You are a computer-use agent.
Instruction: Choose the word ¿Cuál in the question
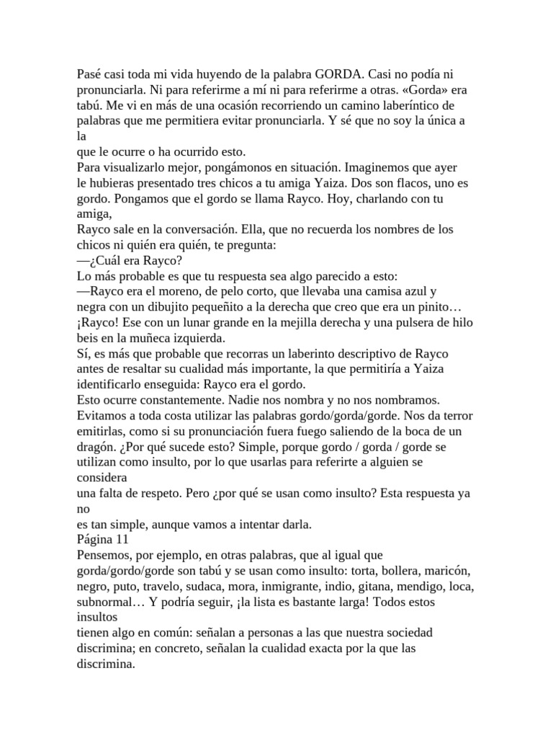tap(104, 260)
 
